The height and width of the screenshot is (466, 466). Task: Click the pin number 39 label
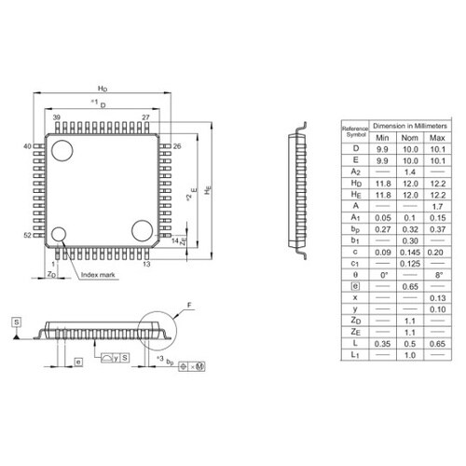pyautogui.click(x=57, y=117)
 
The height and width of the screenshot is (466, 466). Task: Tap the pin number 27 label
pyautogui.click(x=145, y=117)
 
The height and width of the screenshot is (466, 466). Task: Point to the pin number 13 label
pyautogui.click(x=146, y=265)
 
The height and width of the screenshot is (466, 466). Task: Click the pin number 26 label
pyautogui.click(x=176, y=146)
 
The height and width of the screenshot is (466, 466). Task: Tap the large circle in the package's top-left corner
pyautogui.click(x=62, y=149)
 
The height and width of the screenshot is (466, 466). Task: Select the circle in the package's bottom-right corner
pyautogui.click(x=143, y=230)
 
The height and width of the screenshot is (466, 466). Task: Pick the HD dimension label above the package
pyautogui.click(x=103, y=86)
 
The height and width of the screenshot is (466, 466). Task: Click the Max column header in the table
pyautogui.click(x=435, y=138)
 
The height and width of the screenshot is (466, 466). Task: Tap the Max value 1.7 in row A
pyautogui.click(x=435, y=206)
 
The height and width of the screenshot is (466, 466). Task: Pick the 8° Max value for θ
pyautogui.click(x=435, y=276)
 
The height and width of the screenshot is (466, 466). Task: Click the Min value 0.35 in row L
pyautogui.click(x=382, y=344)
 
